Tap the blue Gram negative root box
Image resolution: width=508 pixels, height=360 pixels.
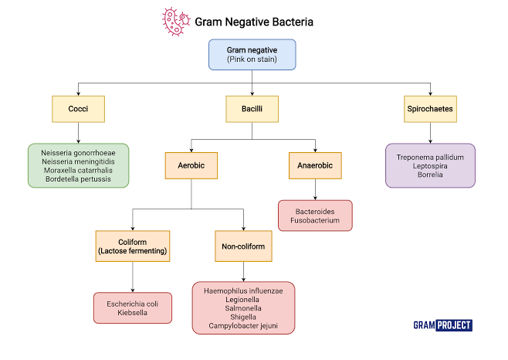coord(252,55)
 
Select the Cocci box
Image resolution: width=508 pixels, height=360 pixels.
coord(77,109)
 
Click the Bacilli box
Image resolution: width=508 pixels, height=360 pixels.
coord(252,109)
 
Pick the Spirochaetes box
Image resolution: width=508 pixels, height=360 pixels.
coord(429,109)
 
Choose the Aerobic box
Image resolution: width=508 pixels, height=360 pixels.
coord(191,165)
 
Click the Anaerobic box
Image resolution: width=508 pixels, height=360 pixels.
coord(314,165)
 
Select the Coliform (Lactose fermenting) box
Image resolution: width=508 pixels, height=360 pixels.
coord(133,245)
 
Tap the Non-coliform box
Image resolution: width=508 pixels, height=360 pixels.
coord(244,245)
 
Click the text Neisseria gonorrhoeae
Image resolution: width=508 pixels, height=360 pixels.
coord(78,153)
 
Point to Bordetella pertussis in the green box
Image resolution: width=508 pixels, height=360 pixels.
coord(77,178)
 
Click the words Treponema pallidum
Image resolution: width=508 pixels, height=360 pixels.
coord(430,157)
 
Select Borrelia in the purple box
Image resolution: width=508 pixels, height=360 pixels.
coord(430,175)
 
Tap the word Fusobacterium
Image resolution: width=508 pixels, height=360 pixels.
coord(314,220)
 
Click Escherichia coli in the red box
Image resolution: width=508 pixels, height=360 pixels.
coord(133,304)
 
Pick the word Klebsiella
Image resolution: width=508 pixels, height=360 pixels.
coord(133,313)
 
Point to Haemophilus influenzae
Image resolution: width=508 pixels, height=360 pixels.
coord(244,290)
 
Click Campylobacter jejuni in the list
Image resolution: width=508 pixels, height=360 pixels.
coord(244,326)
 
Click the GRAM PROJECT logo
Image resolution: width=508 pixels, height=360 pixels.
coord(442,325)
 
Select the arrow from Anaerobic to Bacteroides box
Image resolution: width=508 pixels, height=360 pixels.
coord(314,189)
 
